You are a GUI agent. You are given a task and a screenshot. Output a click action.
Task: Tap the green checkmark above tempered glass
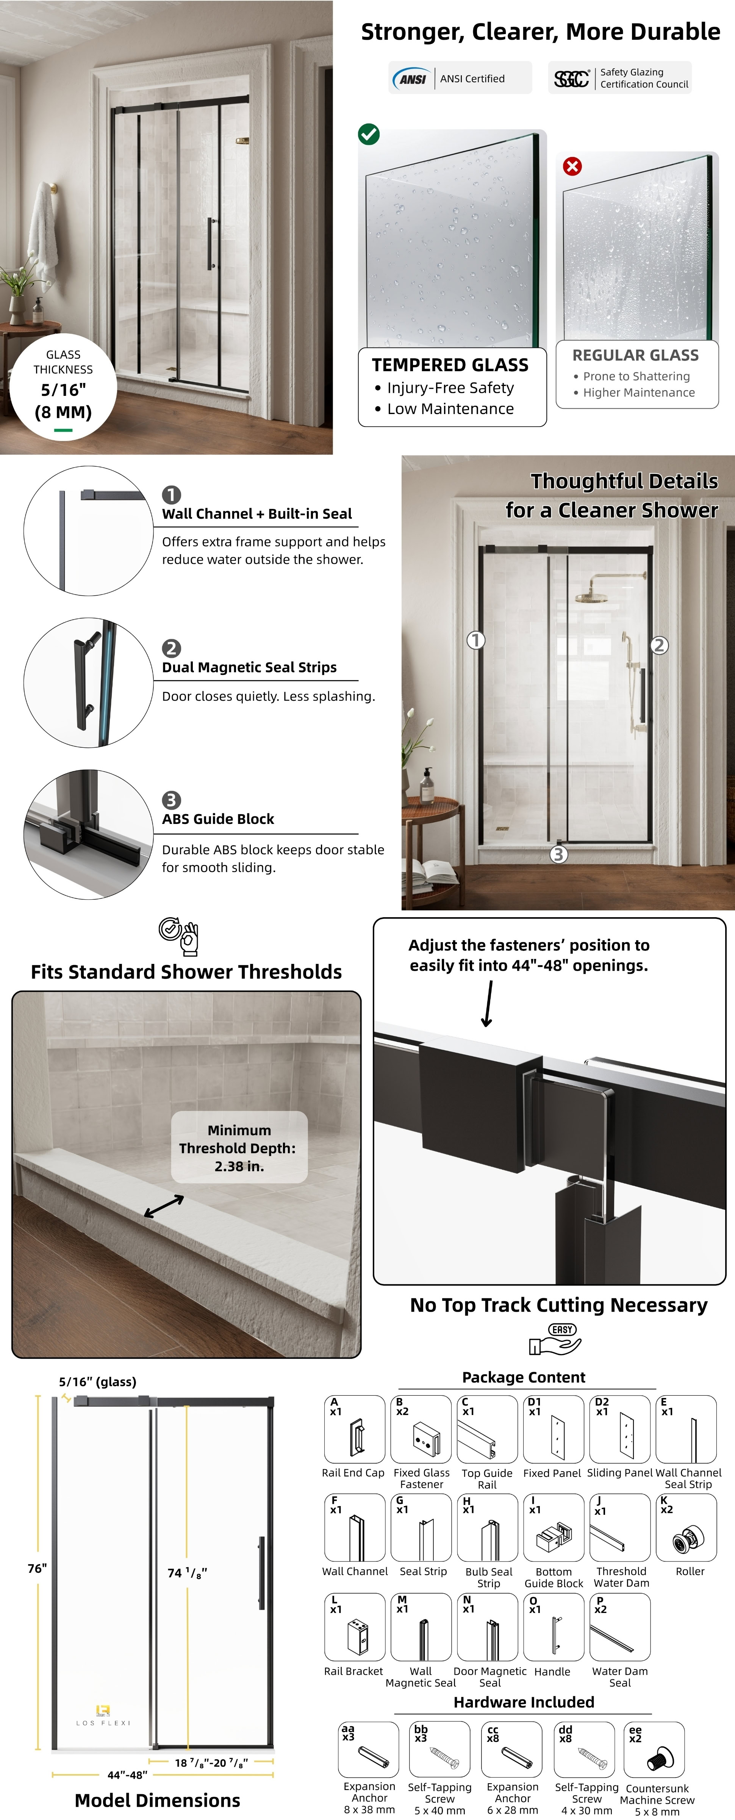pos(369,133)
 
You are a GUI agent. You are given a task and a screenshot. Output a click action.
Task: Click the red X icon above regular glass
pos(572,166)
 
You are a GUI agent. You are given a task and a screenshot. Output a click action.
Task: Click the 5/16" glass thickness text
pos(64,389)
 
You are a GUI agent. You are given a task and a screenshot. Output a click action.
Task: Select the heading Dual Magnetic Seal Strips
pos(249,667)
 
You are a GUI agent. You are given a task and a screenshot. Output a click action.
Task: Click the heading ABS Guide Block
pos(218,819)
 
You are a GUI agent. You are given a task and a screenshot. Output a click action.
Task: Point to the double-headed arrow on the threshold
pos(164,1206)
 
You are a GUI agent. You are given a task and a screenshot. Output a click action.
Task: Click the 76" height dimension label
pos(38,1569)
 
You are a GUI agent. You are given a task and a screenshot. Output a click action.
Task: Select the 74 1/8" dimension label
pos(187,1573)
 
